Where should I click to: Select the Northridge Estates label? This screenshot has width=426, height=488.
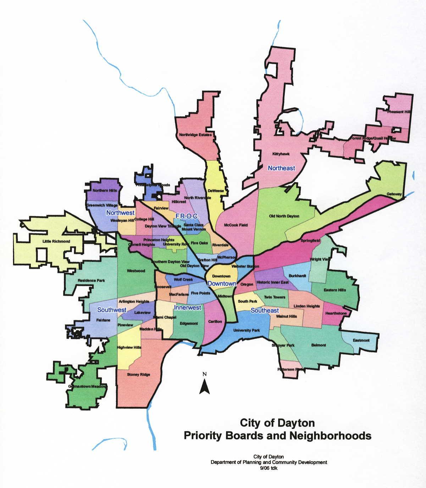point(195,135)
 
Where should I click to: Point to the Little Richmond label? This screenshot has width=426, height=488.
point(56,242)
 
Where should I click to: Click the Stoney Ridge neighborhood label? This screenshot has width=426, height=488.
point(139,374)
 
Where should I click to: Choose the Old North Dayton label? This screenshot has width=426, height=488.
point(284,216)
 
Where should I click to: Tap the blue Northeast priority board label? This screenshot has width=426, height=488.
point(281,168)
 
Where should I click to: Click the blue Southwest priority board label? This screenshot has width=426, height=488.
point(112,310)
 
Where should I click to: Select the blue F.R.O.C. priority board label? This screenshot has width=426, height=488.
point(187,216)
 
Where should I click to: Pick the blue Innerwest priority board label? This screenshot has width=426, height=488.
point(188,308)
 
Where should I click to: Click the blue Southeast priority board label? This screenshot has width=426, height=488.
point(265,310)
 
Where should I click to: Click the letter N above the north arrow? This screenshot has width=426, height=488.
point(204,374)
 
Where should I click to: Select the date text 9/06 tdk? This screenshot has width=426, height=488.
point(269,467)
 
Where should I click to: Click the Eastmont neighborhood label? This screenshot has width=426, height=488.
point(361,340)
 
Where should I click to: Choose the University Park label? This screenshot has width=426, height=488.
point(247,330)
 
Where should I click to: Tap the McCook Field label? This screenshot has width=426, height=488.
point(236,225)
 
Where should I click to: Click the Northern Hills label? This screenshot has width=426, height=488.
point(104,191)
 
